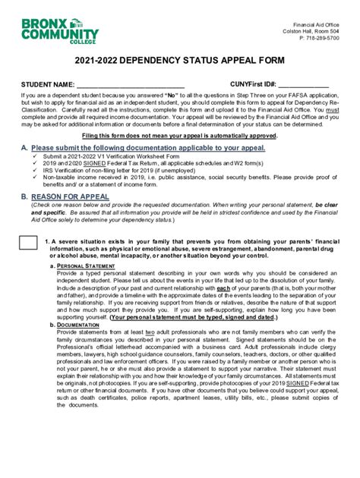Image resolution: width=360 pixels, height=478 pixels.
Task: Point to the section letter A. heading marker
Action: tap(24, 147)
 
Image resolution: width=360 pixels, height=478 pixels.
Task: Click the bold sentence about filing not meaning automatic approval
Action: tap(180, 135)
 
